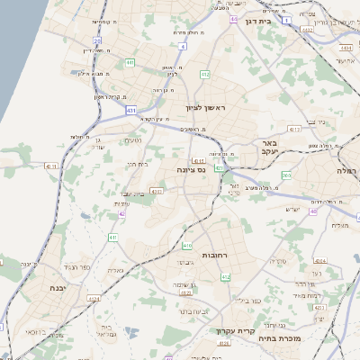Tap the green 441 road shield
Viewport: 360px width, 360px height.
coord(130,63)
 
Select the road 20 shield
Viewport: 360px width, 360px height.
coord(97,40)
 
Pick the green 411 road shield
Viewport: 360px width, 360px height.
coord(113,237)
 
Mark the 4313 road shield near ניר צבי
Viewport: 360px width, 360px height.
coord(294,130)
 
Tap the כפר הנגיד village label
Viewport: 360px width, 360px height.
coord(77,267)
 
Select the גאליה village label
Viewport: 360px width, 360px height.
coord(115,270)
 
